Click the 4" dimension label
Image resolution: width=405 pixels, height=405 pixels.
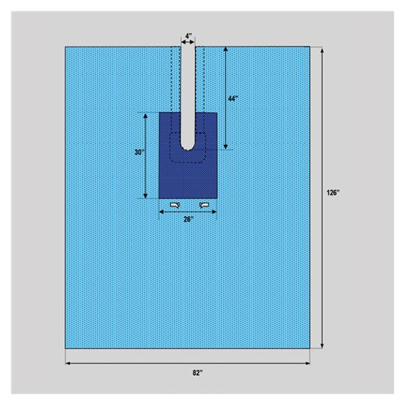pyautogui.click(x=188, y=36)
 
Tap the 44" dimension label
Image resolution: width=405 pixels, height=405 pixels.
pyautogui.click(x=233, y=99)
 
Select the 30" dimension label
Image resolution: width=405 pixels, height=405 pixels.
pyautogui.click(x=138, y=153)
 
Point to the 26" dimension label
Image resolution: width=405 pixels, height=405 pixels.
pyautogui.click(x=188, y=219)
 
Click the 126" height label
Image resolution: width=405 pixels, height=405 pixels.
pyautogui.click(x=333, y=192)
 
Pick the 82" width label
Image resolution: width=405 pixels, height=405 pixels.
pyautogui.click(x=198, y=373)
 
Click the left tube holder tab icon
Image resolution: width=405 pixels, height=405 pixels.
pyautogui.click(x=175, y=205)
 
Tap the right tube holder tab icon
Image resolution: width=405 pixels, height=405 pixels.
pyautogui.click(x=205, y=205)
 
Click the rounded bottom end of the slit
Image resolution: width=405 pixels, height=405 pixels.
pyautogui.click(x=188, y=148)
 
